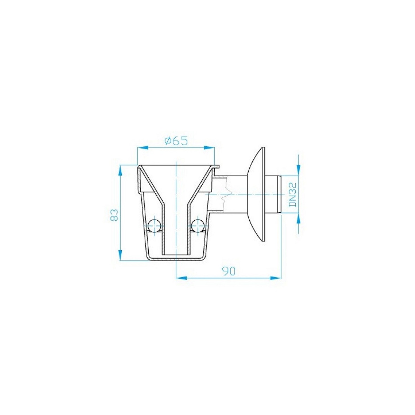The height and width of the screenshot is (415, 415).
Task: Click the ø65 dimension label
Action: [x=176, y=141]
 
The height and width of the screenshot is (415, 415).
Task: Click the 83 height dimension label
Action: [x=114, y=215]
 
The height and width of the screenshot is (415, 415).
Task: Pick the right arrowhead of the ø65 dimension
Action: [x=209, y=147]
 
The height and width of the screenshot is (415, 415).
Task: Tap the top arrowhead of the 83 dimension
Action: [x=120, y=171]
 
